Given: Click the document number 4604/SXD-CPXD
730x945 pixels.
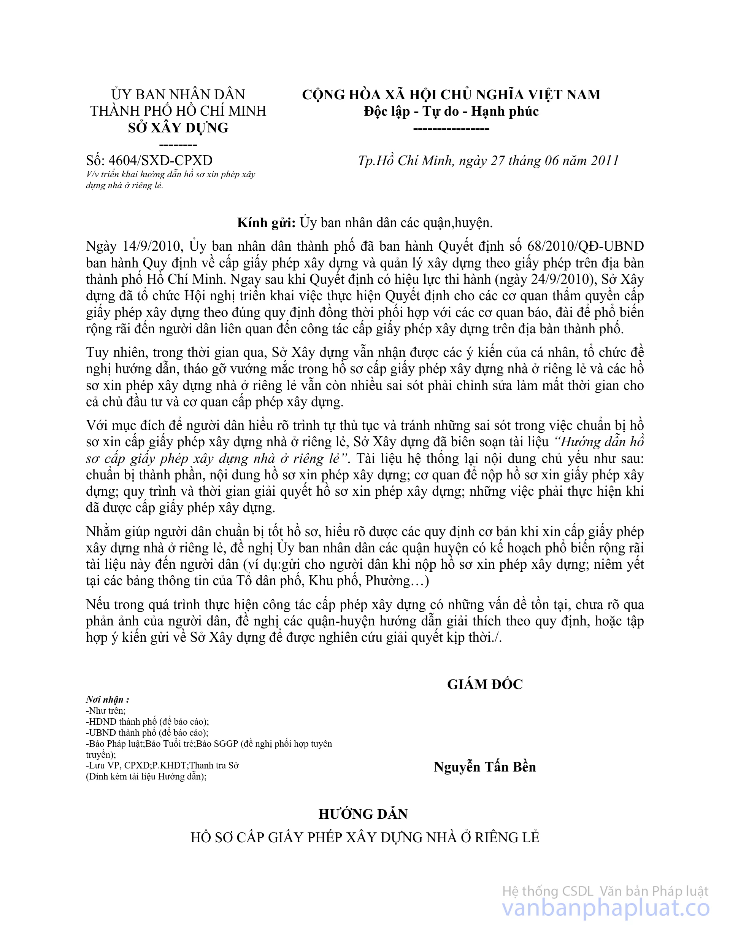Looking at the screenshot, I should [x=160, y=161].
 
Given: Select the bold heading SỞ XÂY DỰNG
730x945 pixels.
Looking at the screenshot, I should [x=178, y=128].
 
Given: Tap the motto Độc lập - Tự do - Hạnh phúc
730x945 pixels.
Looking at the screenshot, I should [x=451, y=111].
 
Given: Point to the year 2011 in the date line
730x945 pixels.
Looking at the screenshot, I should [x=605, y=161].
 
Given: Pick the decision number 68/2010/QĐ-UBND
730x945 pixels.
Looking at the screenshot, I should [x=586, y=246].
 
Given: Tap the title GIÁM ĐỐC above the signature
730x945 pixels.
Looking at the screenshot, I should [x=485, y=684].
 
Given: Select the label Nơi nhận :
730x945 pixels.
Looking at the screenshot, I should [x=108, y=700].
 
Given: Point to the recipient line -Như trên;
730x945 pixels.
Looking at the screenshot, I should [x=106, y=711].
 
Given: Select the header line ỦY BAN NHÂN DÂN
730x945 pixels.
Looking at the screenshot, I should [x=178, y=94].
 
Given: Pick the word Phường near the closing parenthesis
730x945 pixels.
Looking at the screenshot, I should [x=387, y=580].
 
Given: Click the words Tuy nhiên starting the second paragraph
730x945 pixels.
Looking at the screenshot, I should [x=114, y=352].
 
